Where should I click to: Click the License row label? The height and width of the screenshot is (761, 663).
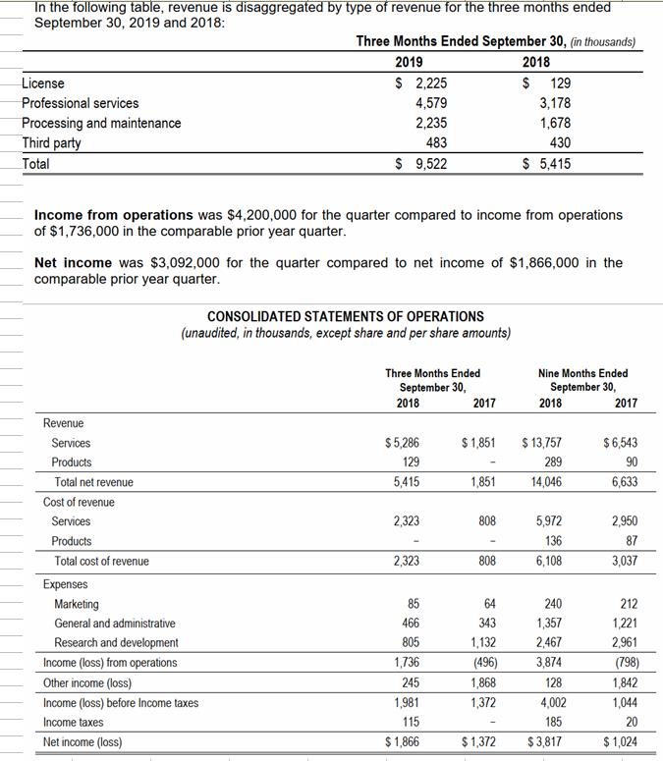click(43, 83)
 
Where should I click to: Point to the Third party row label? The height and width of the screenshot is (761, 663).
click(51, 143)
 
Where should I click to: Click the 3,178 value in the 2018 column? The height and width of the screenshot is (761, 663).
click(555, 103)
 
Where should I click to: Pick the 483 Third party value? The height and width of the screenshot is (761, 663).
click(436, 143)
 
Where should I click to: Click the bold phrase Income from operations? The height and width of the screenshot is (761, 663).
click(114, 214)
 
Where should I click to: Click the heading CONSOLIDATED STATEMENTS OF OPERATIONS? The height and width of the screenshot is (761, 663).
click(346, 316)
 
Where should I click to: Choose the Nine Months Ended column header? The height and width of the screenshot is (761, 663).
click(583, 373)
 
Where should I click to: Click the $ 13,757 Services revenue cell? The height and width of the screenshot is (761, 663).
click(542, 443)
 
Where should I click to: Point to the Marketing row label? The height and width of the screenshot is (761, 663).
click(77, 604)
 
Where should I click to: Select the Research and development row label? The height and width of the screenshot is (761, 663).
click(116, 643)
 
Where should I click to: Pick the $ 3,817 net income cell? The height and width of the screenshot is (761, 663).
click(544, 741)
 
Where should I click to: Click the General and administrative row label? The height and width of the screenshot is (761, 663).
click(115, 624)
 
